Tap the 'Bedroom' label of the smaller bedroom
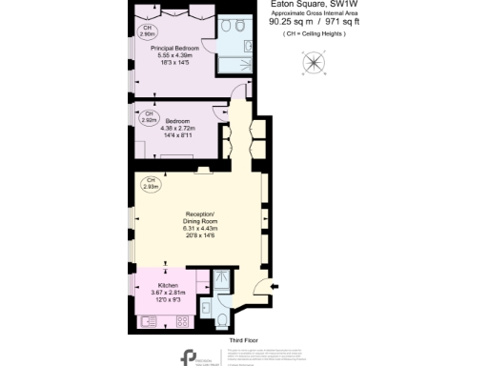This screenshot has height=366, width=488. [176, 122]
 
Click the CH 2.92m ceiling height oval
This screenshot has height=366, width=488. [148, 118]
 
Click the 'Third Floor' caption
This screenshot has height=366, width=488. [243, 338]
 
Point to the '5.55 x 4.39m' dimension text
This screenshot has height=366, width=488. [174, 55]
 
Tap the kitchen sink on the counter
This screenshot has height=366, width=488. [151, 321]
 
